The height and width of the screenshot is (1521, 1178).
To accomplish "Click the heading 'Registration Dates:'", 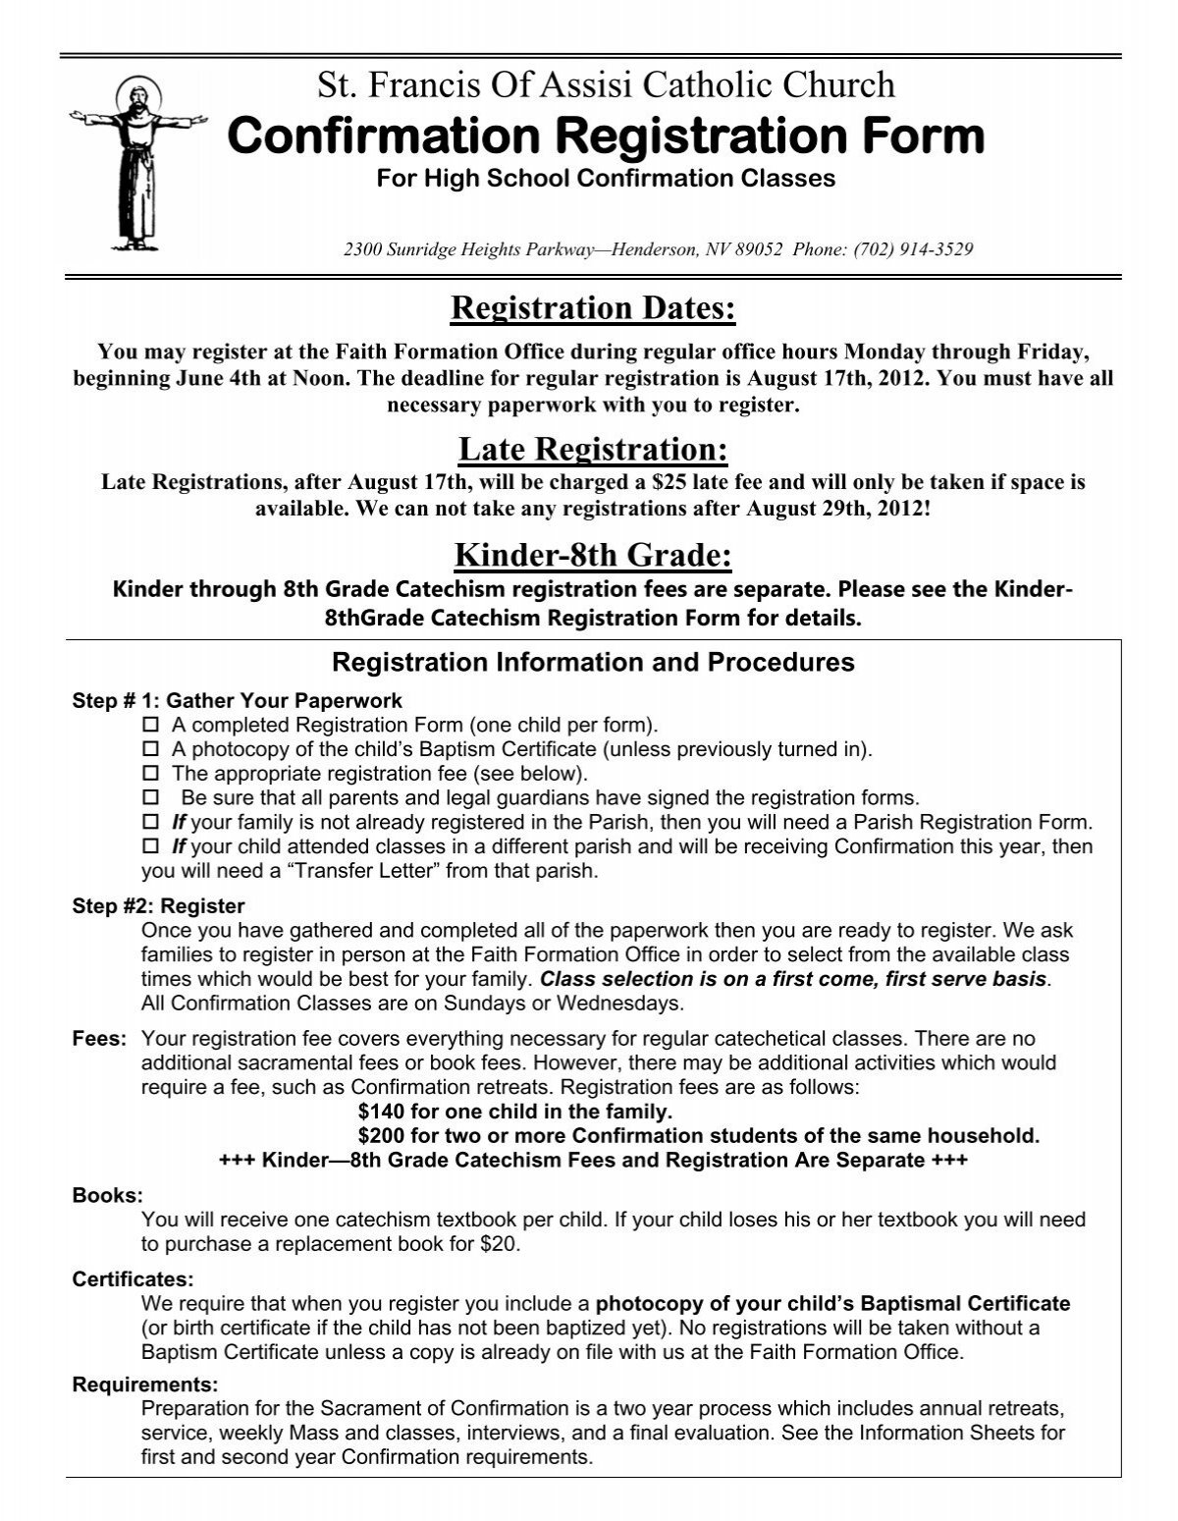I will [x=592, y=308].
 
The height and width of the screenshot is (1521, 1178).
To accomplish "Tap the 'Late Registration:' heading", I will [x=593, y=450].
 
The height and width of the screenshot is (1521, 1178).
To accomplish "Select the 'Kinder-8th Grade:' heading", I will [x=593, y=556].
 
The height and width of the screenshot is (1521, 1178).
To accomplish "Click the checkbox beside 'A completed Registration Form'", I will [x=150, y=726].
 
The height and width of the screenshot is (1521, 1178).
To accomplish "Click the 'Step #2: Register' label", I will [x=159, y=905].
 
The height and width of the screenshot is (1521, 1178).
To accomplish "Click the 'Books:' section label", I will [x=108, y=1196].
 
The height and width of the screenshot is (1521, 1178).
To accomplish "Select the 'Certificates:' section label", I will [x=134, y=1279].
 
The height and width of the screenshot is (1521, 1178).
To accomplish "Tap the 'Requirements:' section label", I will [x=145, y=1385].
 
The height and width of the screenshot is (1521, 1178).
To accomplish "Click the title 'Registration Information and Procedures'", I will [x=593, y=662].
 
